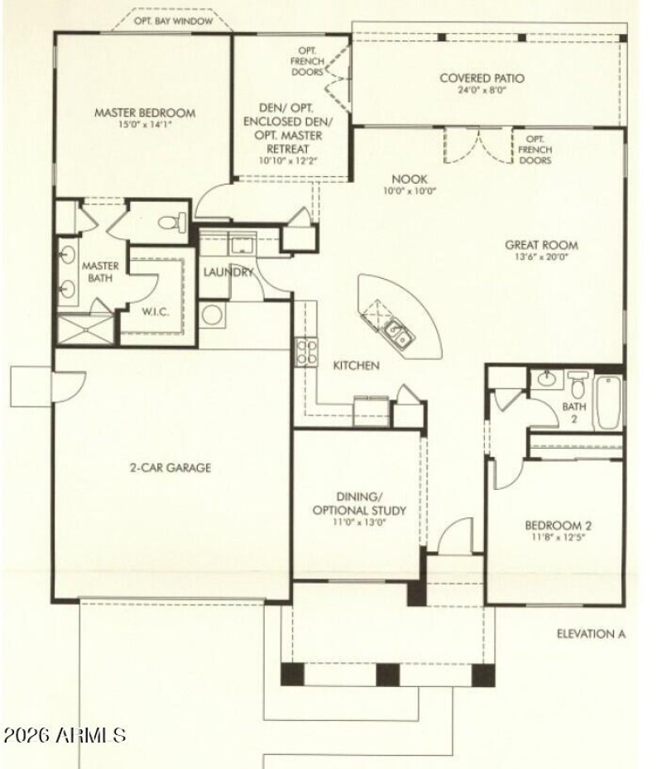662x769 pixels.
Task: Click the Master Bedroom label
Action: [x=143, y=113]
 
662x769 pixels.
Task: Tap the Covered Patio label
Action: [x=482, y=79]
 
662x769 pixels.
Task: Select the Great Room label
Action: [x=543, y=245]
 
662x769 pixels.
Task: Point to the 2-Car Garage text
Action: [x=170, y=468]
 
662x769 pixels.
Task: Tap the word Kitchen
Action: [x=357, y=365]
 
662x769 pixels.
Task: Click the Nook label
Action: [x=409, y=178]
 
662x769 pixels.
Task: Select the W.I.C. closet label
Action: [x=156, y=312]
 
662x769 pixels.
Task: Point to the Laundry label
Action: [x=228, y=272]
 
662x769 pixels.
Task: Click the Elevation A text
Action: [x=590, y=635]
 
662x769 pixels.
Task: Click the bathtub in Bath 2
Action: [x=607, y=402]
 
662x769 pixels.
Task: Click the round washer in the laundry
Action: [x=213, y=315]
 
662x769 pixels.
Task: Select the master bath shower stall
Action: [x=86, y=330]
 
